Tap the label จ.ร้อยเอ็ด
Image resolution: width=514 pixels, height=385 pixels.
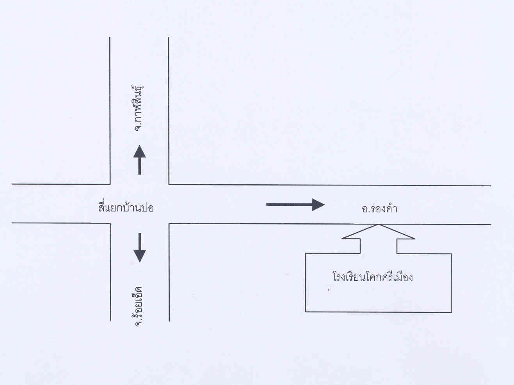(137, 306)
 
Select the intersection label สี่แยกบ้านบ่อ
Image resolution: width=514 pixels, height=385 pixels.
(126, 207)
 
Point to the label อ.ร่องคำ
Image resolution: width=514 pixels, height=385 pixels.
(379, 209)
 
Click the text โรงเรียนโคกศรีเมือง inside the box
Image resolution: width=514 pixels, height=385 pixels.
(373, 278)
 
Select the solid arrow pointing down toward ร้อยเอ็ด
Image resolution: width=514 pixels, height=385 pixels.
(139, 248)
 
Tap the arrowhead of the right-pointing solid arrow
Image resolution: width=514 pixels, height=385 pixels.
(318, 204)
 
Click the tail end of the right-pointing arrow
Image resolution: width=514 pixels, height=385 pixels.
(268, 204)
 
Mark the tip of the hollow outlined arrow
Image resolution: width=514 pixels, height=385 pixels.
(378, 225)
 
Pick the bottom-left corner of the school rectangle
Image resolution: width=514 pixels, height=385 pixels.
(306, 312)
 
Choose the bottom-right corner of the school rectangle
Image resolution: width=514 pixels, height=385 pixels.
(452, 312)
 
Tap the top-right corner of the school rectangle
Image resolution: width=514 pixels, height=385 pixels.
(452, 254)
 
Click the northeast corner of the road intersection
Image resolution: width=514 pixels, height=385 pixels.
(169, 184)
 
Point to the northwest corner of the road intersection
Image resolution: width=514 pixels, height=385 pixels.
(110, 184)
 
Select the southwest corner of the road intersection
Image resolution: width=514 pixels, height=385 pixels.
(110, 223)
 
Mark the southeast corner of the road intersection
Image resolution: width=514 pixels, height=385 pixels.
(169, 224)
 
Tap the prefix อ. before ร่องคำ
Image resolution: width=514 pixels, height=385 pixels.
(366, 209)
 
